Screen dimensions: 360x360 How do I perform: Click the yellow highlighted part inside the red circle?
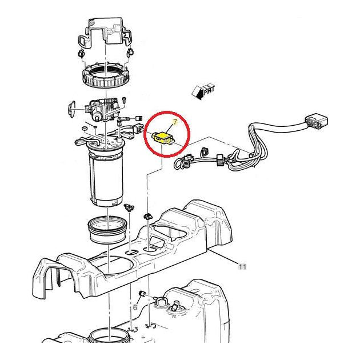(164, 137)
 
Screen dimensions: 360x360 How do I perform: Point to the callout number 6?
(135, 307)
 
